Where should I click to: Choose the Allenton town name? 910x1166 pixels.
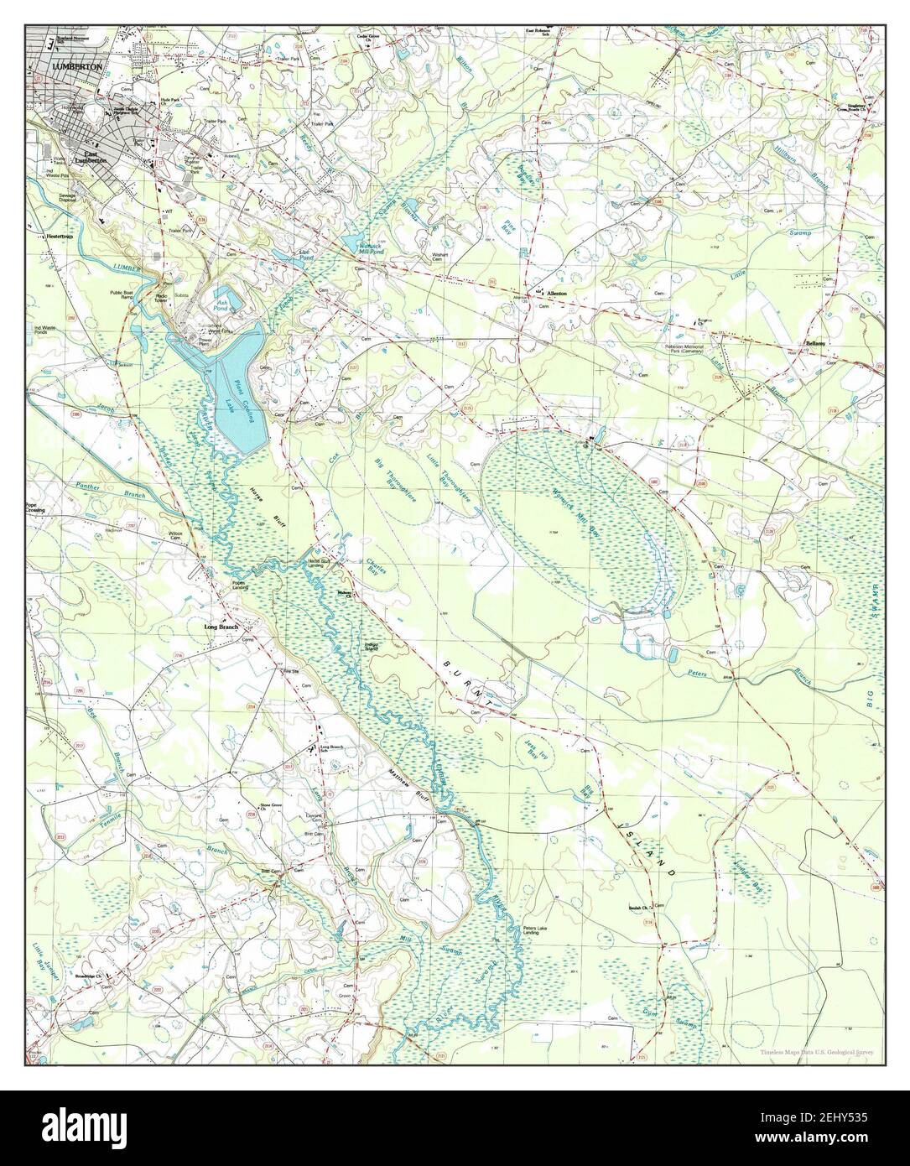pyautogui.click(x=557, y=294)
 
